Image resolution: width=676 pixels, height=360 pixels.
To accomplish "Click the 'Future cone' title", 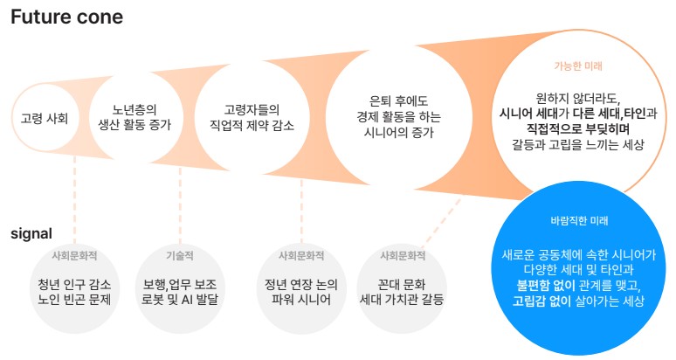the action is (67, 17).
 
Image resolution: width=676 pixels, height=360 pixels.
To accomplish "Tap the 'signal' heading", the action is (31, 233).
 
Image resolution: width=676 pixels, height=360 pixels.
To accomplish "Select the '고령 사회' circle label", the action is (45, 118).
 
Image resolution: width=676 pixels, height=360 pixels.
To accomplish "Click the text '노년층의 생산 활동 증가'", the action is (135, 117).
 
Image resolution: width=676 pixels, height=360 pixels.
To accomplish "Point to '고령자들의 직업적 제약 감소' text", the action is (252, 117).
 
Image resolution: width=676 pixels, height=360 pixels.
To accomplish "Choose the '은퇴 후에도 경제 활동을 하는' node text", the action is (399, 108).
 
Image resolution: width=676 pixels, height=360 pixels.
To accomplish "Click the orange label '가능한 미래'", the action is (578, 66).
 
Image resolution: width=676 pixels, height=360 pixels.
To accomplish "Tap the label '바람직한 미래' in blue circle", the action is (579, 221).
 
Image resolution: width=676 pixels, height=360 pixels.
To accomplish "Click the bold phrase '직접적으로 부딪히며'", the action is (578, 128).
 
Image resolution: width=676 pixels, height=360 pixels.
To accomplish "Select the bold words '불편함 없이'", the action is (546, 285).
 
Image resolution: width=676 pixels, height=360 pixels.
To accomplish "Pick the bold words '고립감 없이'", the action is (541, 301).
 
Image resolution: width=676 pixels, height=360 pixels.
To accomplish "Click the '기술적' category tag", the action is (180, 256).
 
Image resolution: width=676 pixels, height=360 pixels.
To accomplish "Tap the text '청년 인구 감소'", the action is (74, 285).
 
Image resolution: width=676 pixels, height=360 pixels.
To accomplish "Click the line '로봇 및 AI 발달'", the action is (180, 299).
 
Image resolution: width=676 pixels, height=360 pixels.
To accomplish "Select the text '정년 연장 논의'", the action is (301, 285).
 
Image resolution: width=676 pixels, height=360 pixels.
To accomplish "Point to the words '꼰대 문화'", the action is (402, 285).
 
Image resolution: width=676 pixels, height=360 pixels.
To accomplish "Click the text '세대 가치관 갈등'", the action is (402, 299).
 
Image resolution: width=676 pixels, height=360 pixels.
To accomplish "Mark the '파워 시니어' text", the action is (301, 299).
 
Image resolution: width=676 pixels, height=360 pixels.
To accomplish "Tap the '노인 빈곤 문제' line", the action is (74, 299).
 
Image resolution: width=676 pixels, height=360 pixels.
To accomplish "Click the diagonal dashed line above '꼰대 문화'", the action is (440, 222).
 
